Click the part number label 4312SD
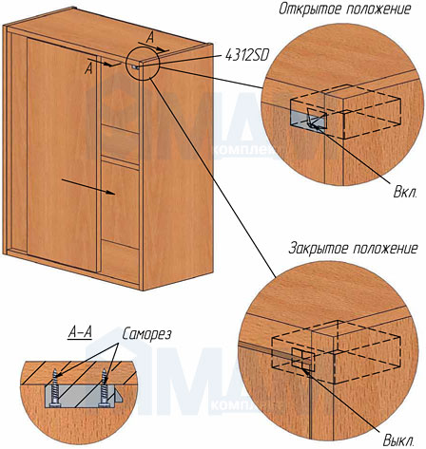click(247, 55)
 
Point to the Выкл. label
click(398, 440)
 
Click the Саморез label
click(146, 334)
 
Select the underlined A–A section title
click(80, 333)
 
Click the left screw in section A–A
click(55, 387)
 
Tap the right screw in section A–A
click(104, 387)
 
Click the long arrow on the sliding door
click(87, 186)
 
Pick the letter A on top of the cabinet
click(150, 38)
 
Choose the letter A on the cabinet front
click(89, 68)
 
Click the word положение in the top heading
click(378, 9)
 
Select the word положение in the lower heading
click(385, 248)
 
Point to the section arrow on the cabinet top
click(154, 47)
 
